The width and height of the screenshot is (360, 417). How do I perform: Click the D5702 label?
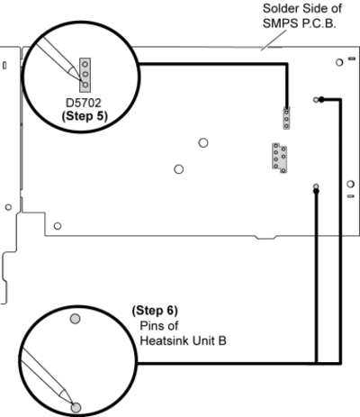(x=84, y=103)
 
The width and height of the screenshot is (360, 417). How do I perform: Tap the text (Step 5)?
(x=85, y=116)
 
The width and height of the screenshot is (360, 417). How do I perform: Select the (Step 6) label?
(x=155, y=311)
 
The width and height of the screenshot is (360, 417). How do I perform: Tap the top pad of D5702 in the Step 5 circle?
(x=85, y=64)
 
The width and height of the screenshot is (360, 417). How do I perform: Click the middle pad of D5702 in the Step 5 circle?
(x=85, y=74)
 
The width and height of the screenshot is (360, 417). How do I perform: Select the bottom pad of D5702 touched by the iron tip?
(x=85, y=85)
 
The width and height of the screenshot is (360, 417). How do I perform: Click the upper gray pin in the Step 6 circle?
(x=75, y=319)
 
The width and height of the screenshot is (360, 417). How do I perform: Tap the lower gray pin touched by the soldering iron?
(x=76, y=408)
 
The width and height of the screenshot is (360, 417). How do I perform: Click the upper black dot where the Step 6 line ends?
(x=321, y=99)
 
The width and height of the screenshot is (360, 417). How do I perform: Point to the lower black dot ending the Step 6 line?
(x=316, y=191)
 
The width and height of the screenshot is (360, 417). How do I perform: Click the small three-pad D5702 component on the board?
(x=286, y=119)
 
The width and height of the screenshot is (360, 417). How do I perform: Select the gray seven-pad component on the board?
(x=279, y=158)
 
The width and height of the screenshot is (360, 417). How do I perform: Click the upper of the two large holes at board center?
(x=203, y=143)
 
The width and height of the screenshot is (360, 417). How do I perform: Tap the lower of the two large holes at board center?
(x=179, y=169)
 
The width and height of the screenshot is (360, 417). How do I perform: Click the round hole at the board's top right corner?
(x=339, y=62)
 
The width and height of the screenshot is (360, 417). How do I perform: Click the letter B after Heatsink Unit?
(x=222, y=341)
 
